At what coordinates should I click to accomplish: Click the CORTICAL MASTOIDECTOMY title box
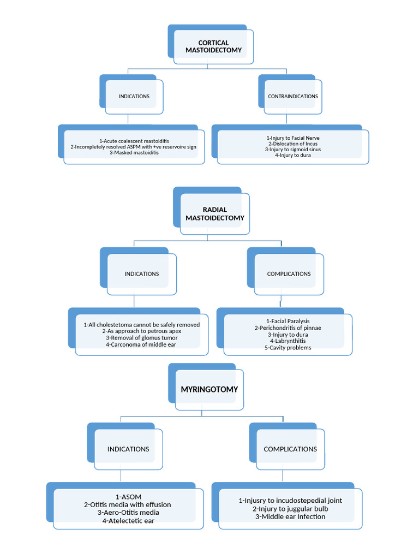(x=213, y=46)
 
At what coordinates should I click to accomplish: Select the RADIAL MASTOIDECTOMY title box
(x=214, y=213)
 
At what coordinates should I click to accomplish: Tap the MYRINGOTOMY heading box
(x=209, y=389)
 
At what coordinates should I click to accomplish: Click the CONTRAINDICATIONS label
(x=293, y=97)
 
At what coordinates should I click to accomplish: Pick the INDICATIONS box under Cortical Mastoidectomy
(x=134, y=97)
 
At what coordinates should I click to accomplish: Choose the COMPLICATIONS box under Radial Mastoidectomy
(x=289, y=274)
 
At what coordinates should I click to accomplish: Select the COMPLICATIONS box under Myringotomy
(x=290, y=449)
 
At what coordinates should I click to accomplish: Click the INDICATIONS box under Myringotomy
(x=128, y=449)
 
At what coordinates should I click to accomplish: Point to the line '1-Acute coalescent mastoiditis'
(x=134, y=141)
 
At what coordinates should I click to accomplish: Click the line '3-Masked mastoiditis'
(x=134, y=153)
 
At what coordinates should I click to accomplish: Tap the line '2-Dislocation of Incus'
(x=293, y=144)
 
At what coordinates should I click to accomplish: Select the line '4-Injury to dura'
(x=293, y=155)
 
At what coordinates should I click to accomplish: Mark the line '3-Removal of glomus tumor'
(x=142, y=338)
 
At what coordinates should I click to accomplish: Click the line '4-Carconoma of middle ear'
(x=142, y=344)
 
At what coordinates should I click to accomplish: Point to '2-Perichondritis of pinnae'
(x=289, y=328)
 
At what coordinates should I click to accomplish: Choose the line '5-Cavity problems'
(x=289, y=347)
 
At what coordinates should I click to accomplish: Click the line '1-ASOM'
(x=128, y=497)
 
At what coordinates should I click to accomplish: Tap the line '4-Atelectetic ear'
(x=128, y=521)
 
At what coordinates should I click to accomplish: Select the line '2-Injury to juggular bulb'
(x=290, y=508)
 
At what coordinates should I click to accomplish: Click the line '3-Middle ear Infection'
(x=290, y=516)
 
